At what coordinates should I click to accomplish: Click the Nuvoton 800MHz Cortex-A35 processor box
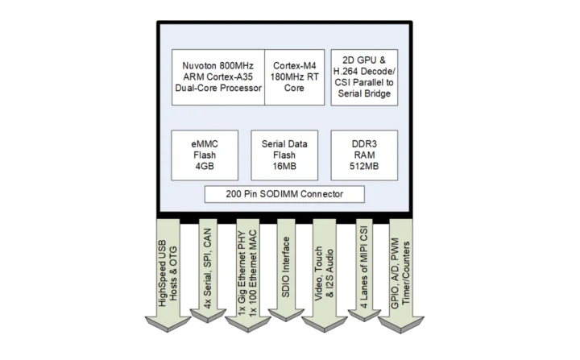tap(217, 77)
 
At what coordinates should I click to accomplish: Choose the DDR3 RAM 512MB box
tap(366, 155)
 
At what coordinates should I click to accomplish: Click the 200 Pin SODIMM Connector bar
tap(286, 194)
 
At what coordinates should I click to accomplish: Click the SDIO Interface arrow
tap(285, 274)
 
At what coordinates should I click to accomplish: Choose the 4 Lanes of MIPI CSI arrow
tap(362, 274)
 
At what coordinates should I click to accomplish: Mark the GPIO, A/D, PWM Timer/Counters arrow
tap(400, 274)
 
